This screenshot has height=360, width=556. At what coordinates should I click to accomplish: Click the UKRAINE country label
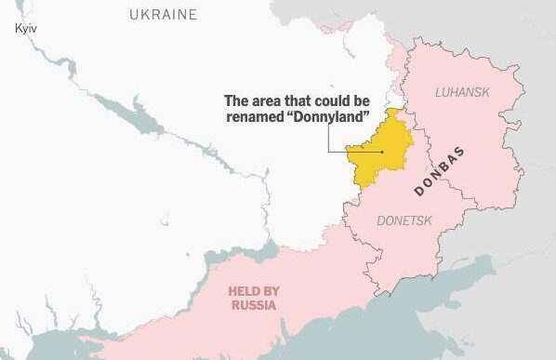[164, 15]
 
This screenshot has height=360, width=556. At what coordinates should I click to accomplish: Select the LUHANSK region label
[462, 92]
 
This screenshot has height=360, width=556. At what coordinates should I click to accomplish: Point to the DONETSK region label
[405, 220]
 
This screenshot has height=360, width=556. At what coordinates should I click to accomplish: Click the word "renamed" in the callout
[257, 117]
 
